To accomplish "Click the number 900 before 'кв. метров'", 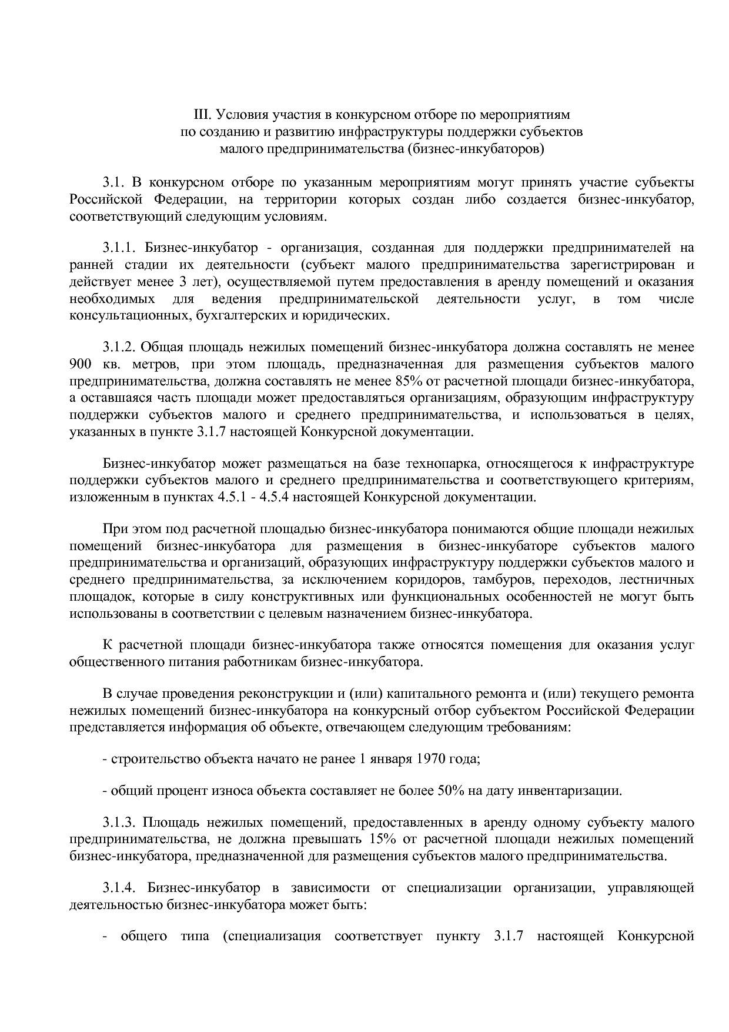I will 79,364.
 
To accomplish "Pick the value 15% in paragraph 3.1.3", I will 384,838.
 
